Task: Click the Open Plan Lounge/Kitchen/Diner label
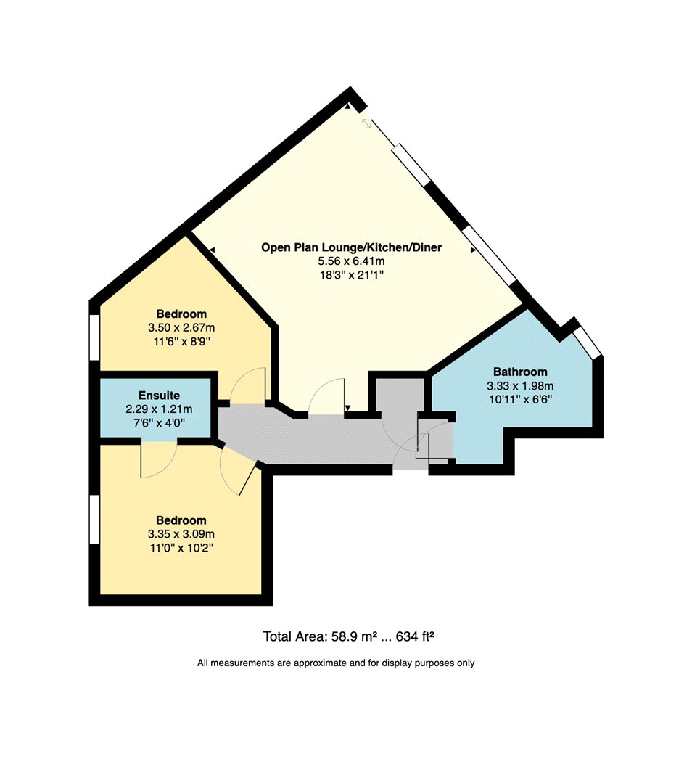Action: coord(351,247)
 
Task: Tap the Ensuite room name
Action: coord(160,395)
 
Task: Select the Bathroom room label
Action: coord(520,372)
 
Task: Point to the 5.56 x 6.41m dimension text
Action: coord(351,261)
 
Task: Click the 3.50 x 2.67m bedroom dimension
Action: coord(181,327)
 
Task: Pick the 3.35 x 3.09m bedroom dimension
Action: coord(181,534)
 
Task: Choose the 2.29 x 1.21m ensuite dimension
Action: coord(159,409)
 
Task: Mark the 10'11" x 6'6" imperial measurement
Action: coord(520,400)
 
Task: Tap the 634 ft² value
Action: coord(415,636)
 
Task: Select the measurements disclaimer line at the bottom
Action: coord(336,663)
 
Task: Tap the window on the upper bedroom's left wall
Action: coord(95,337)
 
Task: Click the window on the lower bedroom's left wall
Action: coord(95,519)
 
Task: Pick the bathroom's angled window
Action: coord(587,343)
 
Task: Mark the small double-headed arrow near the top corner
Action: coord(366,123)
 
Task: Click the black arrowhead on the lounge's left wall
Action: coord(213,250)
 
